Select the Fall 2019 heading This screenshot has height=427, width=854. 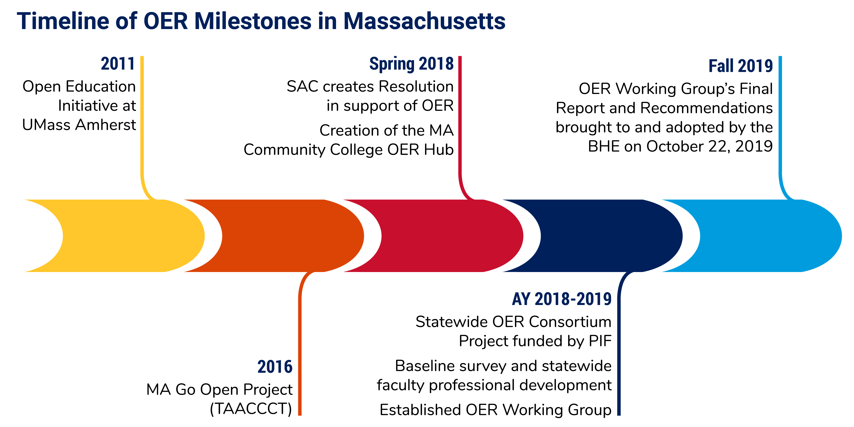(740, 66)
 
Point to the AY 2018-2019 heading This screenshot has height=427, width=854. (562, 299)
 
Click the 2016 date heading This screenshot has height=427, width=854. (275, 367)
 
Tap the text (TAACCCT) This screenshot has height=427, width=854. (251, 409)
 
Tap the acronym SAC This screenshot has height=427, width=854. (302, 87)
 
